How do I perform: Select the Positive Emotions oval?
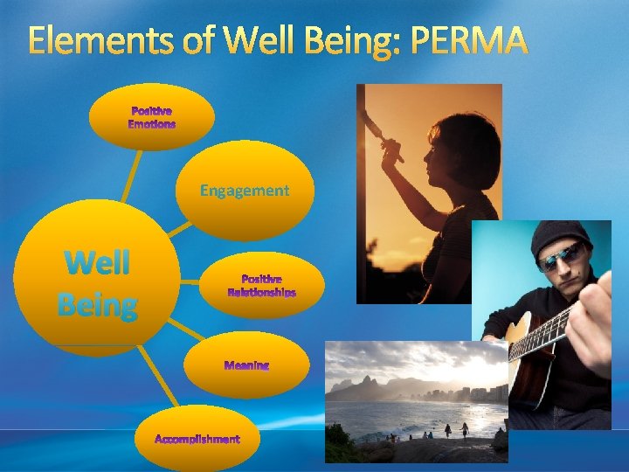(x=152, y=117)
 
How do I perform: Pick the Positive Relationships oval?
(x=262, y=286)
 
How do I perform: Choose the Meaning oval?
(x=247, y=365)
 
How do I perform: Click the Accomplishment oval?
(x=197, y=438)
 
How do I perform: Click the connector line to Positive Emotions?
(x=131, y=175)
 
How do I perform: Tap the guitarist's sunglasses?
(x=559, y=255)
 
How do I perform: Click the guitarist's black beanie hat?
(x=558, y=233)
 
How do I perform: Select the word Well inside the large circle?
(x=96, y=261)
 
